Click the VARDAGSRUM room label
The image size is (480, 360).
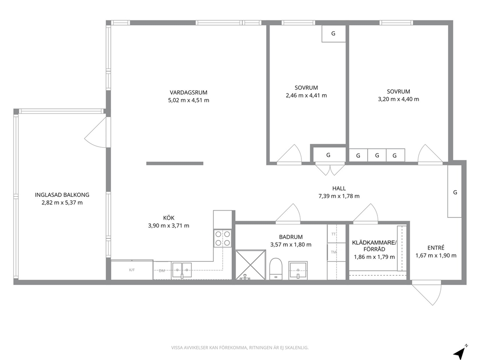(189, 92)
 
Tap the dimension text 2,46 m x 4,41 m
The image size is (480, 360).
(306, 95)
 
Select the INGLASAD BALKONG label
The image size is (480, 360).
(62, 195)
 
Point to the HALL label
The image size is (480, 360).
(339, 188)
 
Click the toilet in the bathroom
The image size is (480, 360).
(276, 269)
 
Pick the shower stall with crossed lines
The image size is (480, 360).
(251, 265)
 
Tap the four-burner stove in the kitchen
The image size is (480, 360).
(223, 238)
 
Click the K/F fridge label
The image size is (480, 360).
(132, 270)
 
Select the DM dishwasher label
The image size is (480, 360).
(162, 270)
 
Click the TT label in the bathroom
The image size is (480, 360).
(333, 234)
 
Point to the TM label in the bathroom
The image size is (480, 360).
(334, 252)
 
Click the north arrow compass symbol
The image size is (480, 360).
(460, 352)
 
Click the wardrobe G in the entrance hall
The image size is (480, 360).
(454, 191)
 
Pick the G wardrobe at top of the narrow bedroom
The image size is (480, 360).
(334, 33)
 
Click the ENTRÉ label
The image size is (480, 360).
(436, 248)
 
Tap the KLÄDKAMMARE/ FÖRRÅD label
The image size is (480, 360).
(374, 246)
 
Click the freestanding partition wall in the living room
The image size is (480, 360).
(175, 164)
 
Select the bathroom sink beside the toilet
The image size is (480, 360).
(298, 270)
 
